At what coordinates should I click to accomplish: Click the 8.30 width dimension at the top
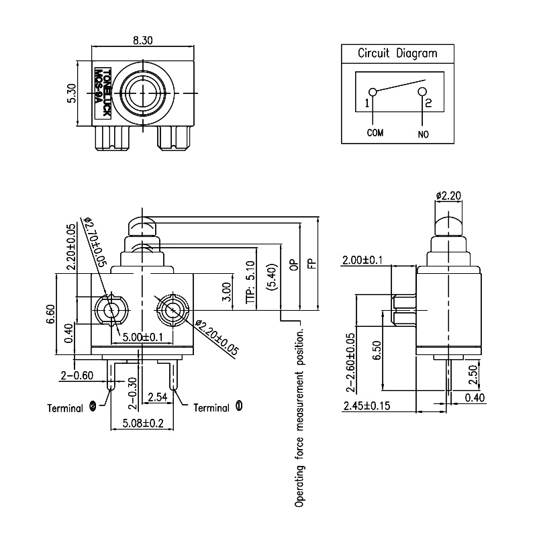point(142,40)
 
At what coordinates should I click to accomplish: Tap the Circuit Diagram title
point(397,54)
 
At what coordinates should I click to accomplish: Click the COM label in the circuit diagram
point(375,133)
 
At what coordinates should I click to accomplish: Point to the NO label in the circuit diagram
point(423,134)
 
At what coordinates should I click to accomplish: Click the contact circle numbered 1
point(373,93)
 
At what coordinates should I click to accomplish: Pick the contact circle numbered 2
point(422,91)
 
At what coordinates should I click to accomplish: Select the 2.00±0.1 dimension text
point(364,260)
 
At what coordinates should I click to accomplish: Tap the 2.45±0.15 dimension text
point(367,406)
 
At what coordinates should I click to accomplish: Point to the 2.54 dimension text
point(157,397)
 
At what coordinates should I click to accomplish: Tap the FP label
point(311,263)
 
